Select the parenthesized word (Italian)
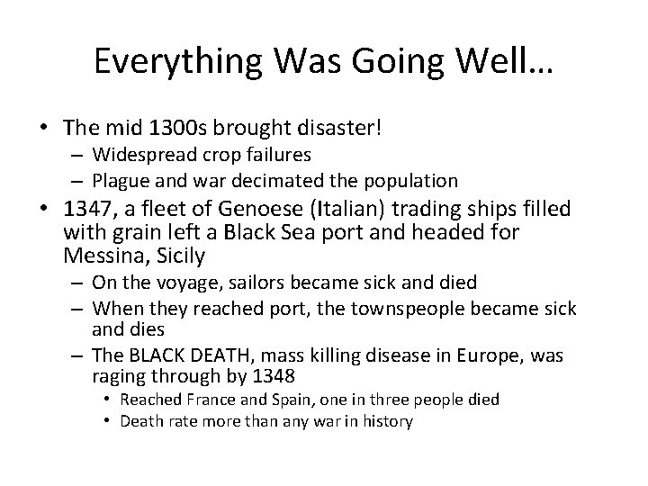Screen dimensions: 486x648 (x=337, y=211)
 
